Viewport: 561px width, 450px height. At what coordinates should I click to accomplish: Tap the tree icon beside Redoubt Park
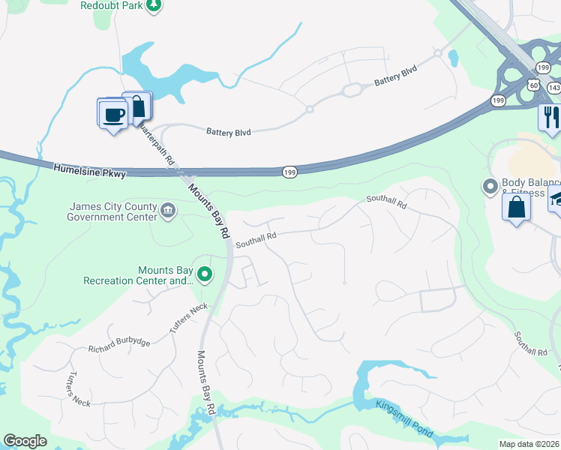[154, 5]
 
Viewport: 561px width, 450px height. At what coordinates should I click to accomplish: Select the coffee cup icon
[112, 114]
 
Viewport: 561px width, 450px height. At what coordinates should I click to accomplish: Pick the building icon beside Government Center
[168, 212]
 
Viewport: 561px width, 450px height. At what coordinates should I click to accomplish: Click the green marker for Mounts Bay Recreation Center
[203, 275]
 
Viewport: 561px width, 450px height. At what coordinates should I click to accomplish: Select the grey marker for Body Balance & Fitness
[490, 185]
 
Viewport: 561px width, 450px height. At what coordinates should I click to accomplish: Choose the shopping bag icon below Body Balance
[517, 207]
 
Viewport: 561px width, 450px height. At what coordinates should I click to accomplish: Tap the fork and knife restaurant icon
[550, 116]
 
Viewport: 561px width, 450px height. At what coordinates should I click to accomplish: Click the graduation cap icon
[556, 199]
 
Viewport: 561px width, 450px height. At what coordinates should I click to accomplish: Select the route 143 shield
[553, 88]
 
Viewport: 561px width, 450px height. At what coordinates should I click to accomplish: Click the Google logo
[25, 441]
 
